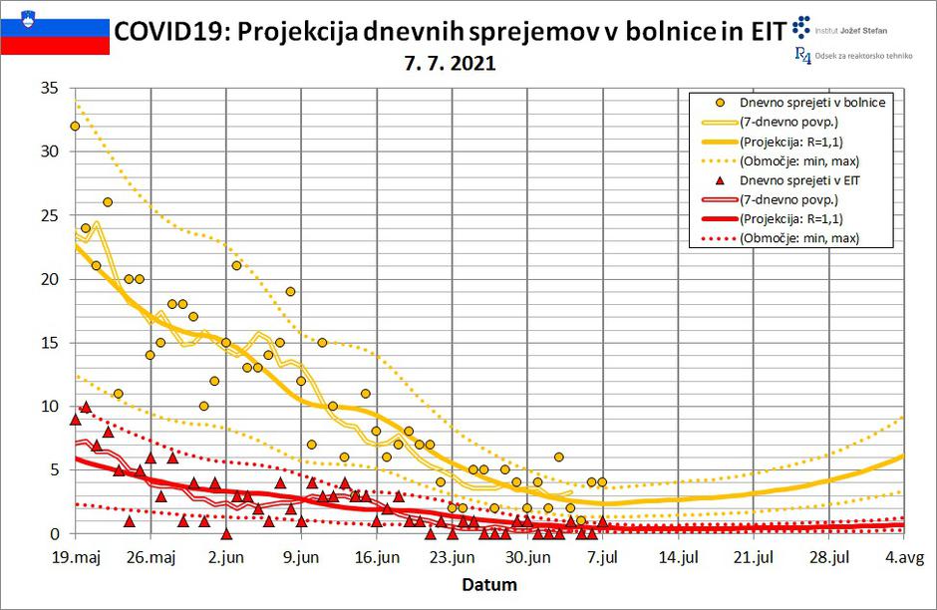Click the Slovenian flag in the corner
pos(55,28)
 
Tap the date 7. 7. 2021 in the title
pos(450,63)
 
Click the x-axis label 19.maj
pos(75,557)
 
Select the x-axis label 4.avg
pos(903,557)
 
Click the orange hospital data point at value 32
pos(75,127)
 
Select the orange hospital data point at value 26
pos(108,202)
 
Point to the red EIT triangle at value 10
pos(86,407)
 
